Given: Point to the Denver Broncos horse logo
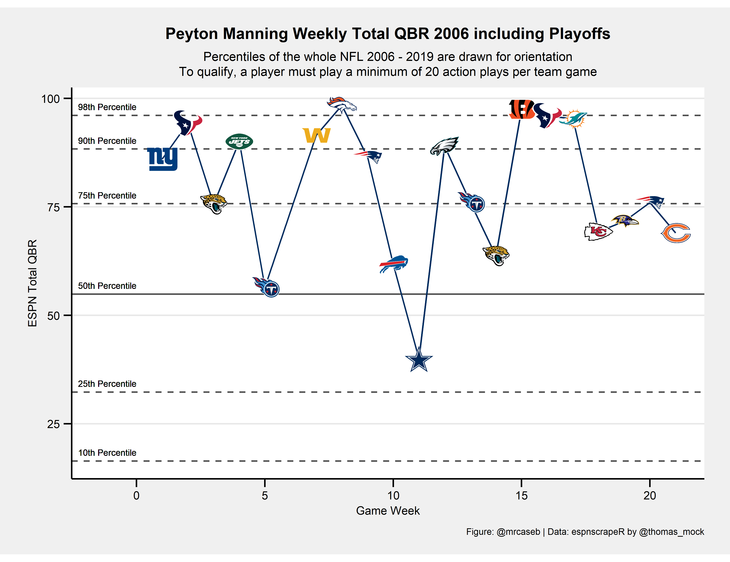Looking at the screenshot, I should click(342, 104).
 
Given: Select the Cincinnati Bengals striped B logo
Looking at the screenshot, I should click(521, 109).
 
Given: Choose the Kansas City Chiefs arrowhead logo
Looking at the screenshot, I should click(598, 232).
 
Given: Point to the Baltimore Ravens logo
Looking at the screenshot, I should click(624, 220).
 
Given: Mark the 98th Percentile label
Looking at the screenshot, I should click(107, 107).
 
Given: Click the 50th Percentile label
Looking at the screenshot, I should click(107, 286).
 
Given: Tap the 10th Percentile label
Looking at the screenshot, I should click(107, 453).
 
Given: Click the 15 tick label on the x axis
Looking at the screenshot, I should click(521, 495).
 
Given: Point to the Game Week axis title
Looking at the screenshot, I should click(388, 511).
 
